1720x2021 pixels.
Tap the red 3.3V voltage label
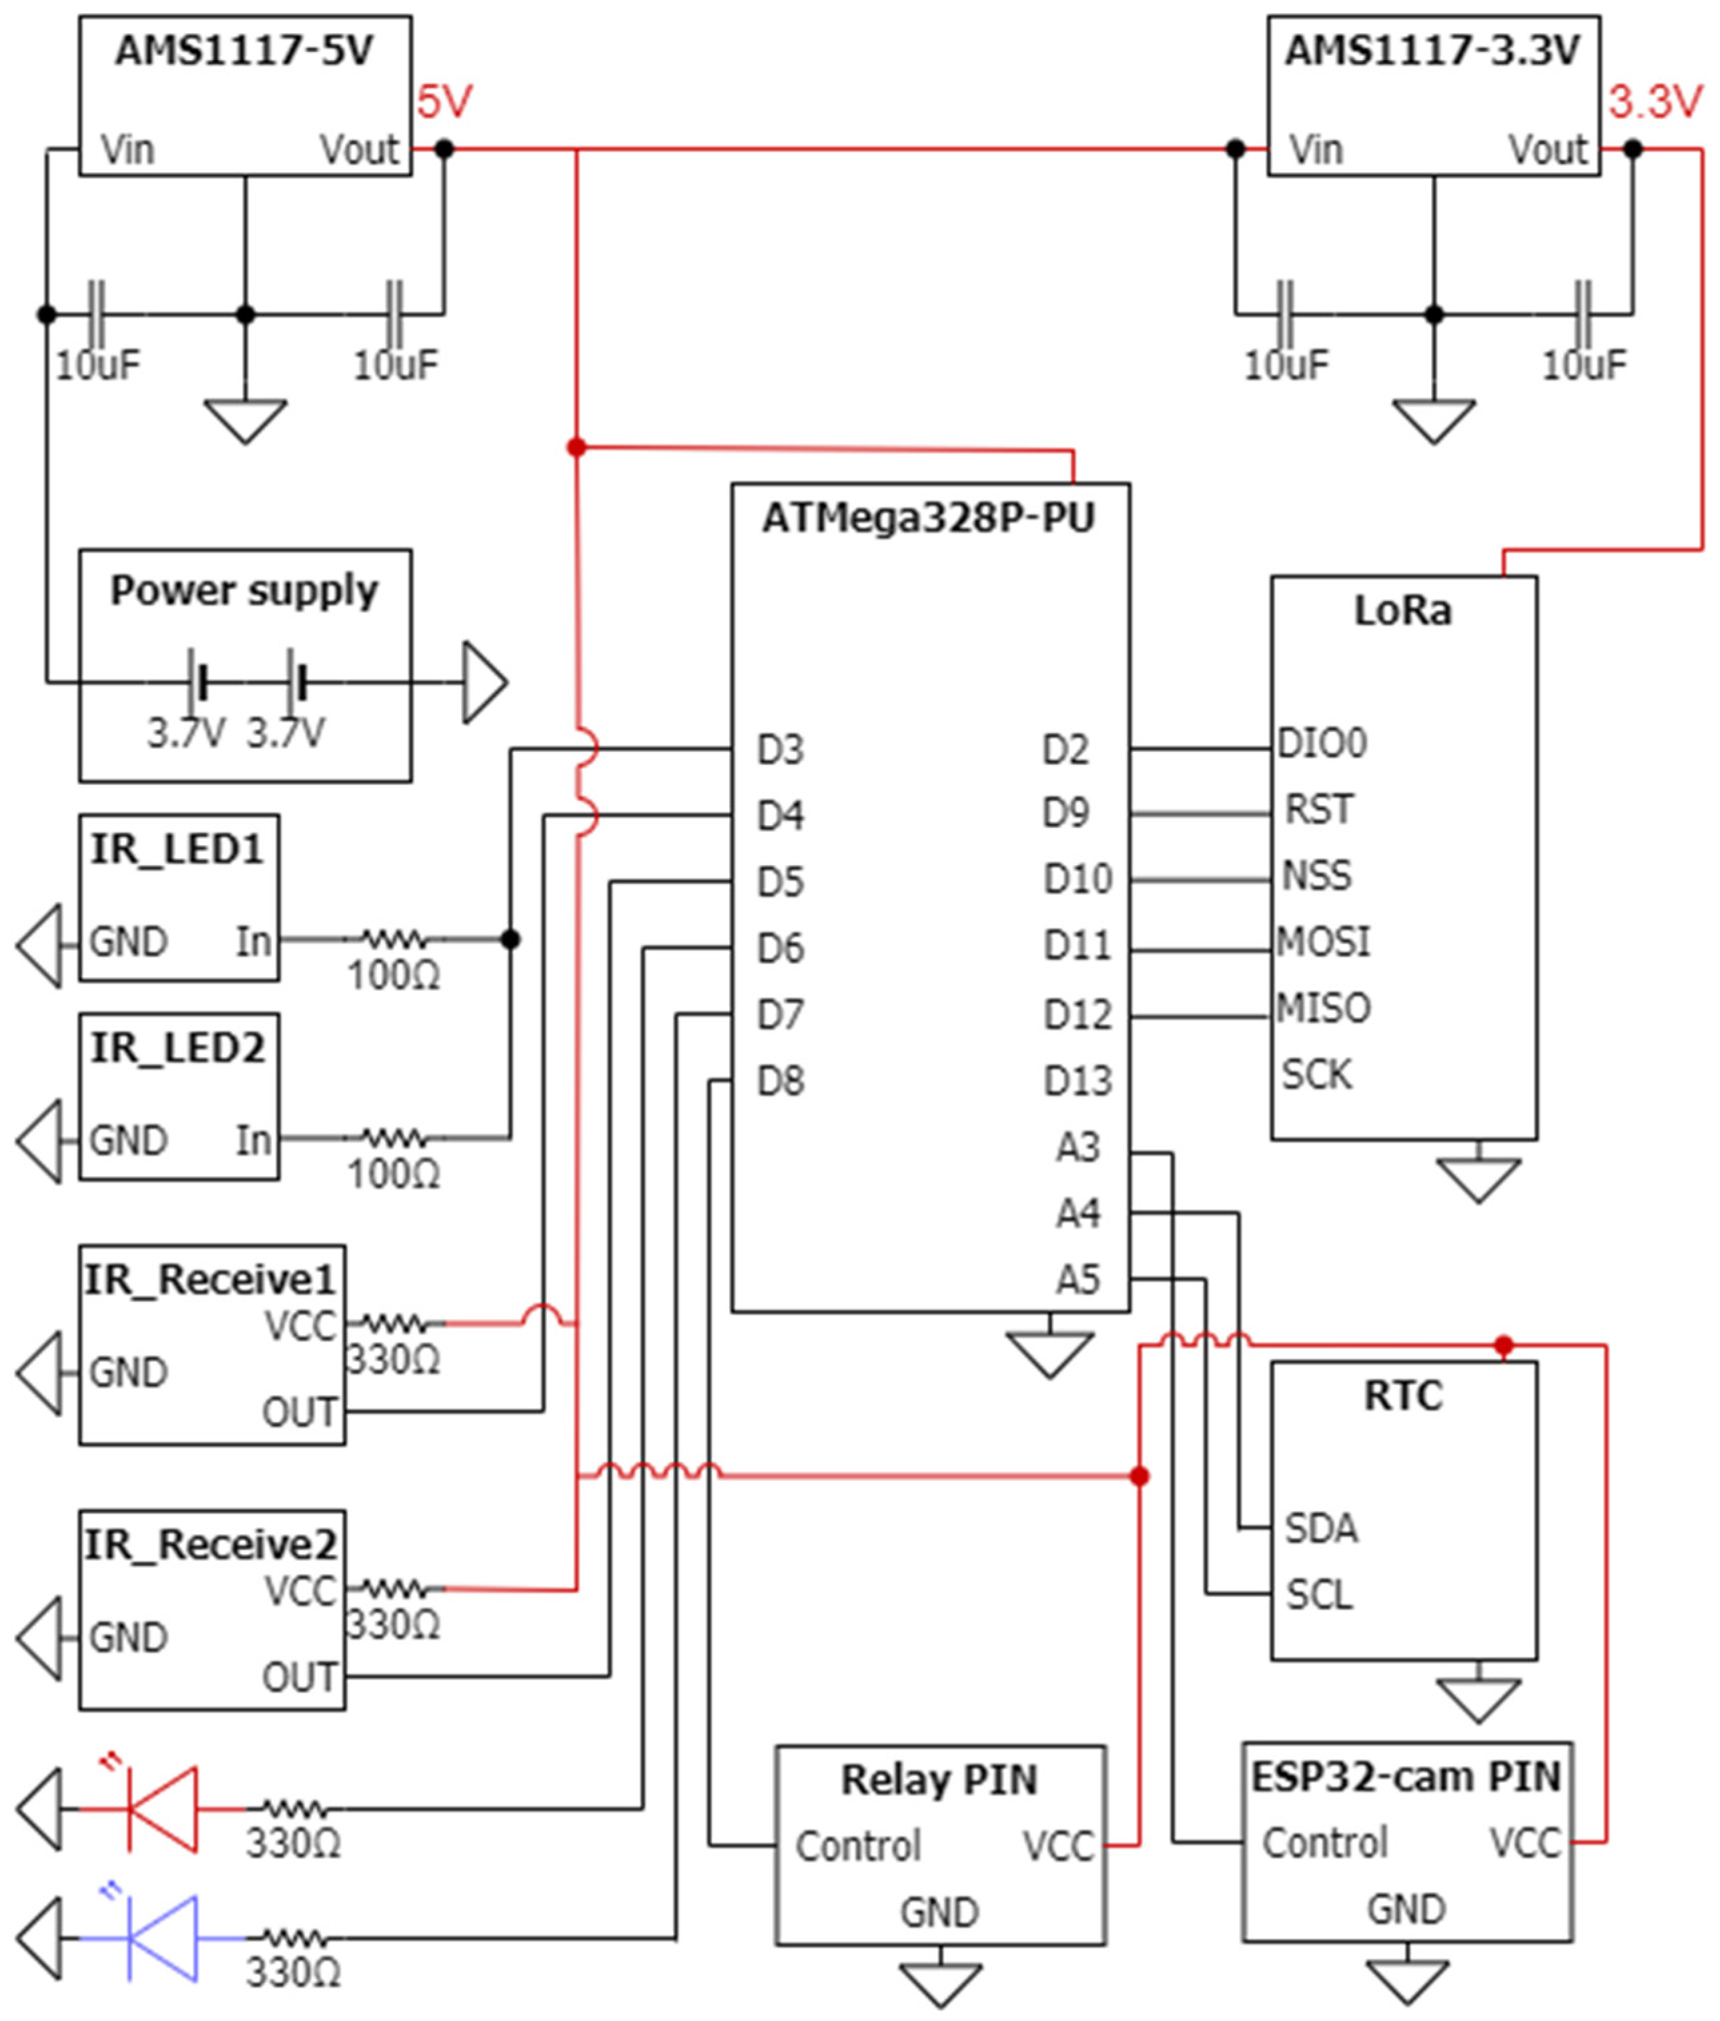click(x=1655, y=102)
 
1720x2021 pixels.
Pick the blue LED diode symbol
click(x=163, y=1939)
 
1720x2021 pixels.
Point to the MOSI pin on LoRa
click(x=1323, y=942)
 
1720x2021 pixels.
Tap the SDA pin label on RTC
click(x=1320, y=1527)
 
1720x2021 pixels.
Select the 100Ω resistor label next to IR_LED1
click(x=394, y=976)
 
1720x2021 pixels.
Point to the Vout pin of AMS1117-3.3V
click(x=1549, y=150)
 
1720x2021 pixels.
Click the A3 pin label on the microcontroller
click(x=1078, y=1147)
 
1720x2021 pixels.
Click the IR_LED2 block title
click(x=177, y=1048)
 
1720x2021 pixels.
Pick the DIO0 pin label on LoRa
click(x=1322, y=743)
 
